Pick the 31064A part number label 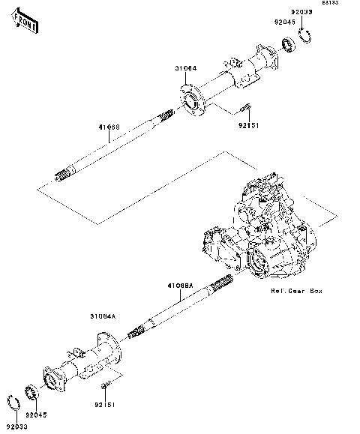coord(103,317)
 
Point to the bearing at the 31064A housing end coord(32,394)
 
